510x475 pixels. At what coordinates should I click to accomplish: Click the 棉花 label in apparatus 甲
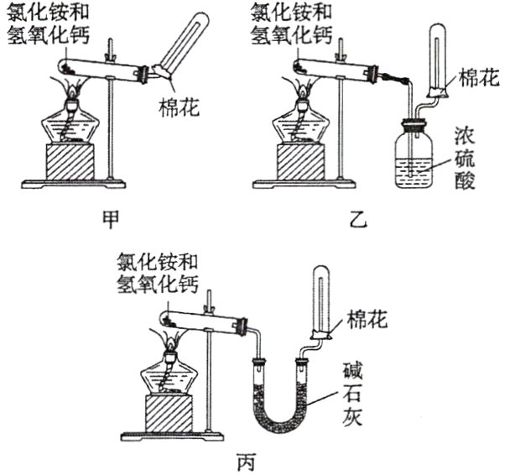pos(178,107)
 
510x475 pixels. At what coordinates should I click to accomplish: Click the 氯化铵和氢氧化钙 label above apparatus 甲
pos(46,25)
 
